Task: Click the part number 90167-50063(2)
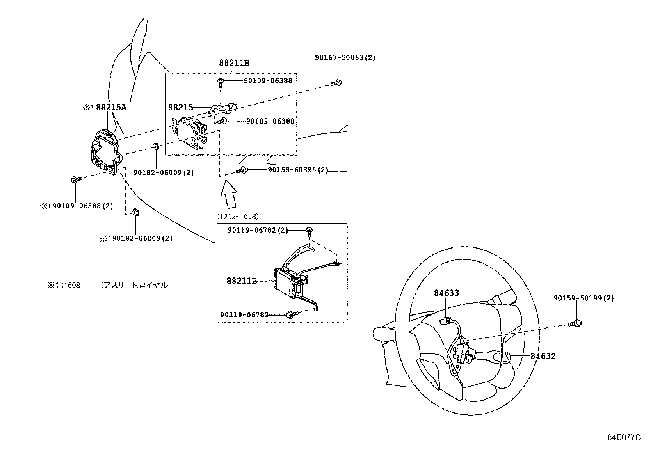tap(345, 58)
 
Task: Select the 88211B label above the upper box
tap(234, 63)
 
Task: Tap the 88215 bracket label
tap(180, 108)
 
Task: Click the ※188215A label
tap(104, 108)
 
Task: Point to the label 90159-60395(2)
tap(298, 169)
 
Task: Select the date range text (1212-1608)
tap(237, 216)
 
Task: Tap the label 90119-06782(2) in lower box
tap(258, 231)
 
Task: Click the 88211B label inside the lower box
tap(242, 281)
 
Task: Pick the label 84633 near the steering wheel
tap(446, 293)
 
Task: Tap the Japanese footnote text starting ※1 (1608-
tap(107, 285)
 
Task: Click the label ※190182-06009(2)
tap(137, 238)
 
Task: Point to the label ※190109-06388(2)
tap(76, 206)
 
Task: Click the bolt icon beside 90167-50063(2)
tap(336, 83)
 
